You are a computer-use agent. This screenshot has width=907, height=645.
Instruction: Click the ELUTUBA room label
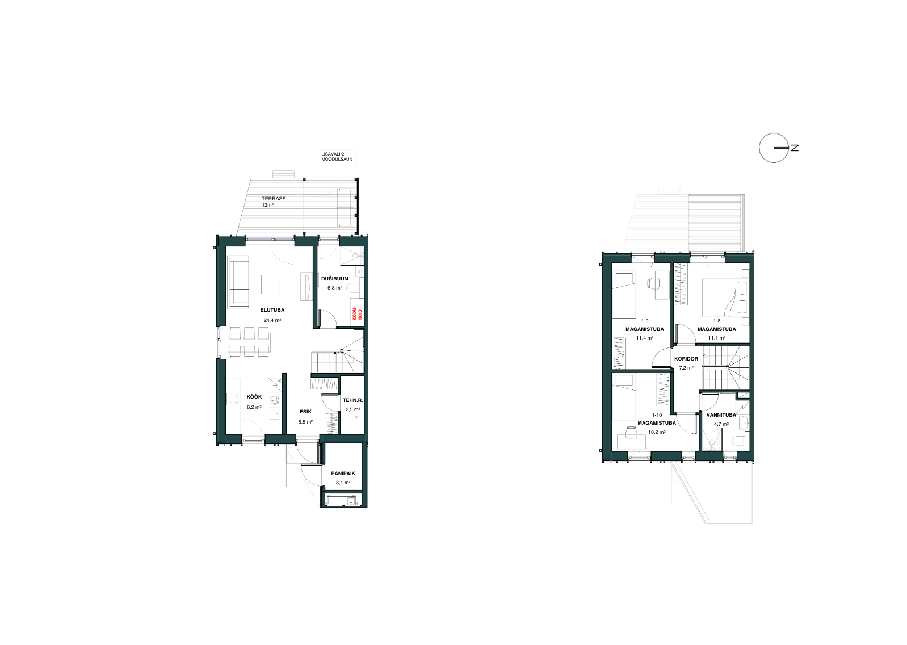coord(272,310)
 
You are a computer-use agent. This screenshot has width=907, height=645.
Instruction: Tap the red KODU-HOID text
coord(356,313)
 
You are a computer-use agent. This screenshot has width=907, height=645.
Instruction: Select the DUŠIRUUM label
coord(335,279)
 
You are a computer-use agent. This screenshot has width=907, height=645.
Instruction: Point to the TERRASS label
coord(274,199)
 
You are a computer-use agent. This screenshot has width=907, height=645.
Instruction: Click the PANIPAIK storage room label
coord(343,473)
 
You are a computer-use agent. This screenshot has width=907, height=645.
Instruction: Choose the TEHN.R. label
coord(352,400)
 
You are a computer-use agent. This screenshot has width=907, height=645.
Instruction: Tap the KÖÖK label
coord(254,397)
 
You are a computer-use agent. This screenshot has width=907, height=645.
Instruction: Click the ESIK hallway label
coord(305,412)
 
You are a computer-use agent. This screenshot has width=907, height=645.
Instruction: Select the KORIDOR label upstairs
coord(686,359)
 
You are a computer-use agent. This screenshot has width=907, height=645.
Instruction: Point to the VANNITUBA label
coord(721,415)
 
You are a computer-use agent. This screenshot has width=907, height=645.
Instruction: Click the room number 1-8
coord(717,321)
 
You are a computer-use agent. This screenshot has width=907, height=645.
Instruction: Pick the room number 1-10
coord(657,415)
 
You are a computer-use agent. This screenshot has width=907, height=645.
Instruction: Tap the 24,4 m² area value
coord(272,320)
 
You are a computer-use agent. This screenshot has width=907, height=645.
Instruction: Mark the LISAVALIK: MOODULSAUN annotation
coord(337,157)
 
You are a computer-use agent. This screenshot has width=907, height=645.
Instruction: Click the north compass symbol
coord(774,148)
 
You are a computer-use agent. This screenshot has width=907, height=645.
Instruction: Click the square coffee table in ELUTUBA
coord(271,284)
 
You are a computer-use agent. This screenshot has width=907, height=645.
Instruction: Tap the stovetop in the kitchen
coord(233,399)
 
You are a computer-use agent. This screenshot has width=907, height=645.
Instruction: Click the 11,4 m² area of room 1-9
coord(645,338)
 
